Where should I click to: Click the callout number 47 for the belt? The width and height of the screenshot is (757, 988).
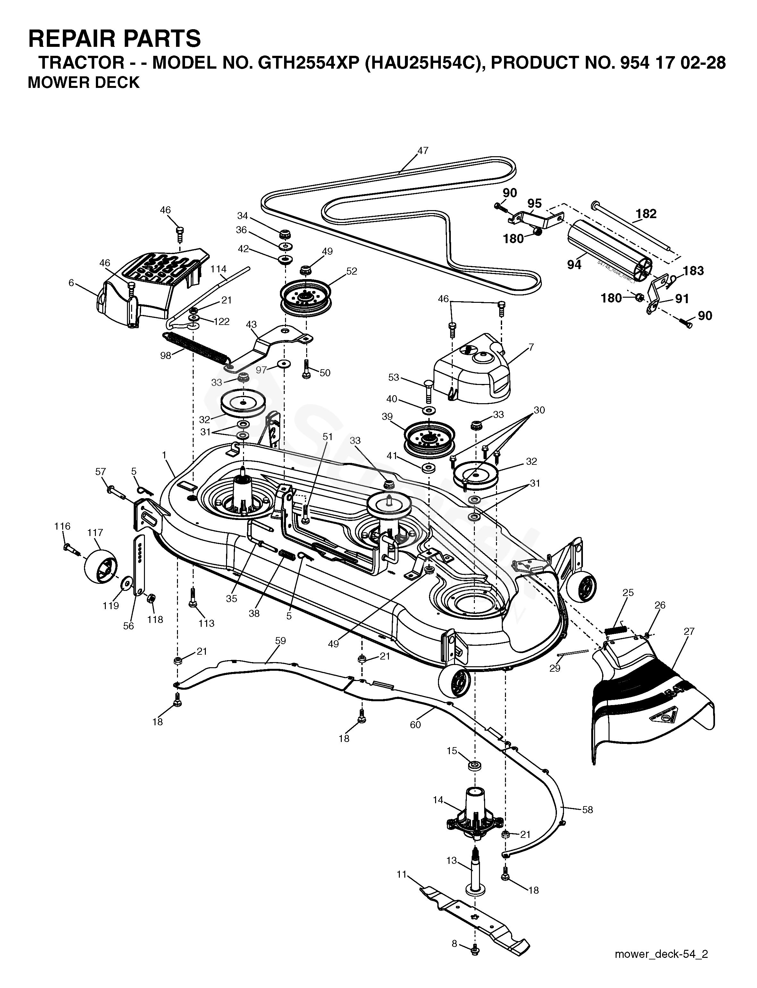pyautogui.click(x=423, y=150)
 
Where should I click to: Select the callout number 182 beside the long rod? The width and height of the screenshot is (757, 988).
pyautogui.click(x=646, y=213)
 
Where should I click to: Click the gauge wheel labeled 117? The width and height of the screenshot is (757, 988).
pyautogui.click(x=101, y=566)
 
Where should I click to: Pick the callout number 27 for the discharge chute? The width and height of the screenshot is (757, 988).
pyautogui.click(x=689, y=632)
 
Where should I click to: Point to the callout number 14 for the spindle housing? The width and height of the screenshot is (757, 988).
pyautogui.click(x=438, y=800)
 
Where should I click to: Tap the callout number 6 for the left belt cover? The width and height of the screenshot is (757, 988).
pyautogui.click(x=71, y=283)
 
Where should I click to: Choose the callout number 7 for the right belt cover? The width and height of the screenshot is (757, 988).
pyautogui.click(x=531, y=347)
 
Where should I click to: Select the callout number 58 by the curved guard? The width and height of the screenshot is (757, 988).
pyautogui.click(x=588, y=810)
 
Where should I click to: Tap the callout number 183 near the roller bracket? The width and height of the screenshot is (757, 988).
pyautogui.click(x=693, y=270)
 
